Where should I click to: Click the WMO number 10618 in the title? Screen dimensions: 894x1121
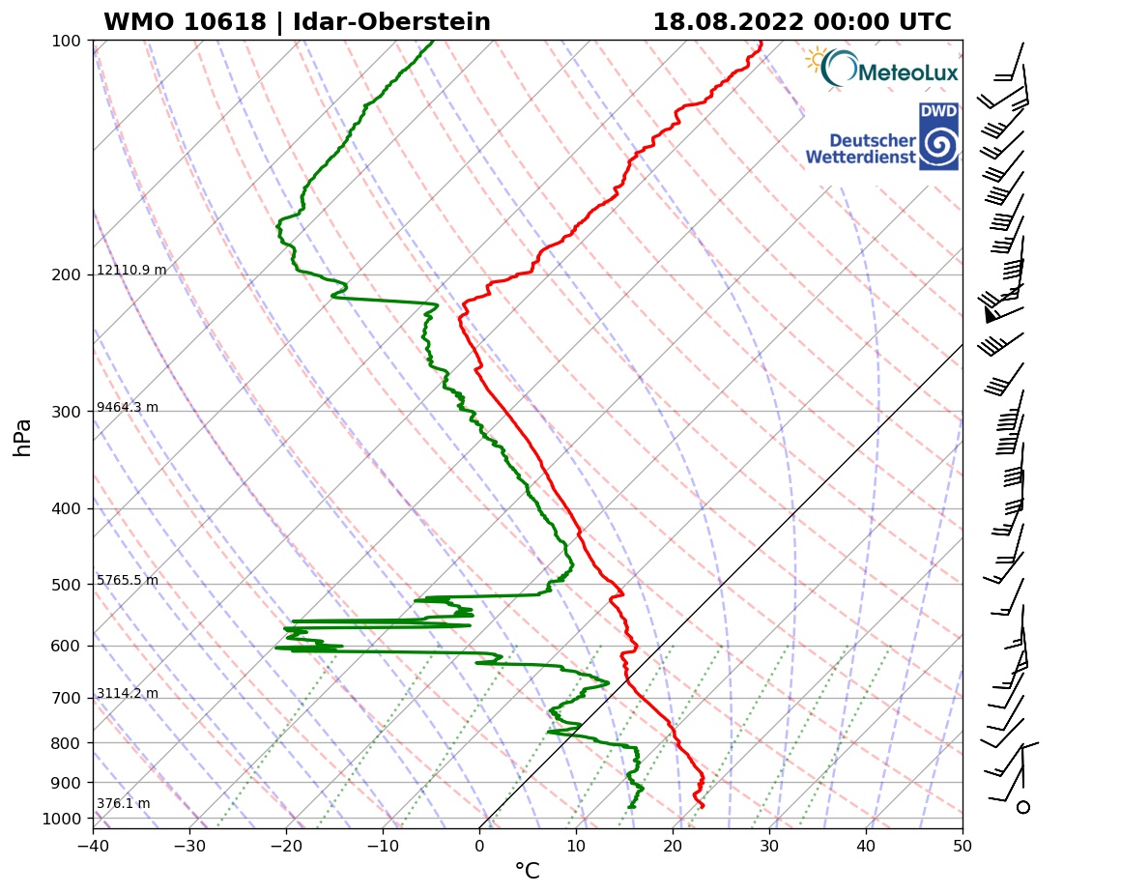184,22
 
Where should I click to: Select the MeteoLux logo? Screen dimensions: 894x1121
881,69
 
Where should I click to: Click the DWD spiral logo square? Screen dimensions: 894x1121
938,137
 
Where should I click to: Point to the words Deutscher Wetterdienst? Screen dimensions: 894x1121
860,149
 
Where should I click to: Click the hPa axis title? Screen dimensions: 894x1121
23,437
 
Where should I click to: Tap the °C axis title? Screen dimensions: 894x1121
527,872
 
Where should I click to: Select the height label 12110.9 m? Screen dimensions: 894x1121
131,271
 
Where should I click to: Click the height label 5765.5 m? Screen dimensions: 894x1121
128,581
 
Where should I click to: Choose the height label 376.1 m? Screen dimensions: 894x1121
123,804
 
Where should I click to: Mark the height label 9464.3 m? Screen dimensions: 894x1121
128,408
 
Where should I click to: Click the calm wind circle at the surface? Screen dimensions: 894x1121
1023,807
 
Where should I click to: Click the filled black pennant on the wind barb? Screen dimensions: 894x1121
990,313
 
